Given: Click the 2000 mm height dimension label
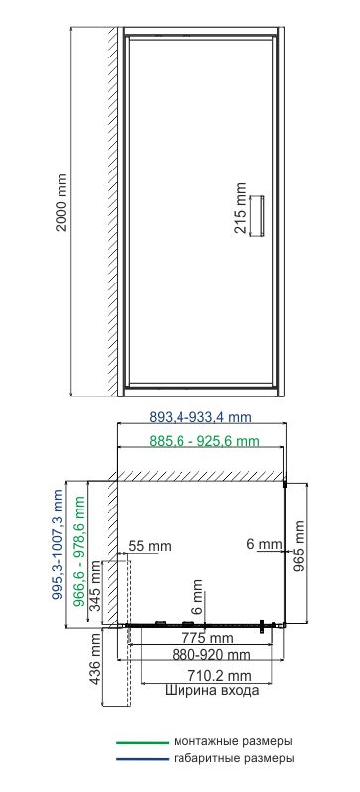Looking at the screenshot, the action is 61,202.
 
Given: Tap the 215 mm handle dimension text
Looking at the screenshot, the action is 241,208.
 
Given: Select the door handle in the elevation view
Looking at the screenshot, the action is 259,215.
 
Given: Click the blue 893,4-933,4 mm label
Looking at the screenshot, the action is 200,417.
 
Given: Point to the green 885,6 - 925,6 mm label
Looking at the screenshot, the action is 204,441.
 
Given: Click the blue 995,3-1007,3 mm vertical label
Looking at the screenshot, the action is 59,544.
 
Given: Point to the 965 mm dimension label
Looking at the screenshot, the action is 300,546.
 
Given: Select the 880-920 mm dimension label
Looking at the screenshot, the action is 211,655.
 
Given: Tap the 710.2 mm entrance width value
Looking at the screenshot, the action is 220,675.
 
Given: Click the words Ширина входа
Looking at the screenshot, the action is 212,690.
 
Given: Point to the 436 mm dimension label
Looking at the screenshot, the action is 96,660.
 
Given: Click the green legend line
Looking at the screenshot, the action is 142,743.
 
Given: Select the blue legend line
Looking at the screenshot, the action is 142,759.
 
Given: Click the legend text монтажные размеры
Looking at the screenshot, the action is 233,742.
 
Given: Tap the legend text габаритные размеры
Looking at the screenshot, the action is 234,758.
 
